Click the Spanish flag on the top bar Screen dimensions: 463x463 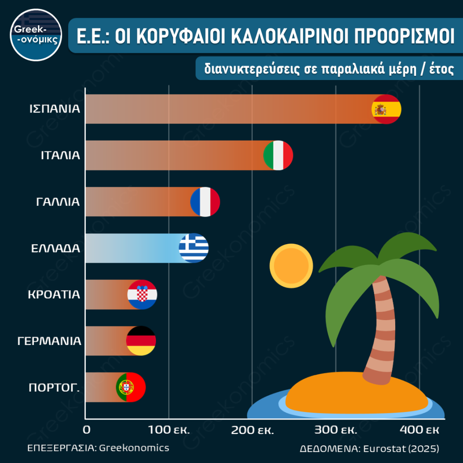point(386,109)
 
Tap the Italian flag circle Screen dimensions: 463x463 point(278,155)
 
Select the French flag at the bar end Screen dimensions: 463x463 point(205,202)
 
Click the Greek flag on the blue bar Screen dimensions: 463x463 point(194,248)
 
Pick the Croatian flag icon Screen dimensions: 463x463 point(142,295)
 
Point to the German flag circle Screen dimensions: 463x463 point(141,341)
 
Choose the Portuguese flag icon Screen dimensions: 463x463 point(131,387)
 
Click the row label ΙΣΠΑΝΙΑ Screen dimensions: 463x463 point(55,109)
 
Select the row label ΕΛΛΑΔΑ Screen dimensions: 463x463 point(56,248)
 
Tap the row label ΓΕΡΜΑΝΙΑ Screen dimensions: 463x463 point(49,341)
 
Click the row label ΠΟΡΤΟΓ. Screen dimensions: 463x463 point(54,387)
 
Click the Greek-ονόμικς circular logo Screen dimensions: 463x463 point(35,35)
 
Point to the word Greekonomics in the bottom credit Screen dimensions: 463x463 point(134,448)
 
